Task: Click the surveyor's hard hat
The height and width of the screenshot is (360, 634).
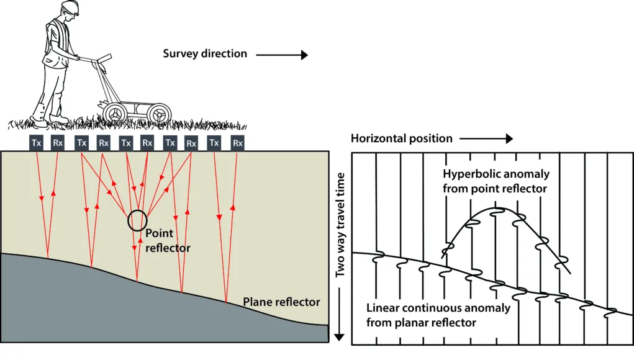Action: pos(70,6)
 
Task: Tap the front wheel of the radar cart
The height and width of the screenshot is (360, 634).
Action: pos(158,114)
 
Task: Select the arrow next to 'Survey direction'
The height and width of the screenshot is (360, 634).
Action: pos(282,55)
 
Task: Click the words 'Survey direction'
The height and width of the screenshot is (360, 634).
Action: pos(204,54)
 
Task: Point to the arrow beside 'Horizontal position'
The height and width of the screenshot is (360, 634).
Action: pos(486,138)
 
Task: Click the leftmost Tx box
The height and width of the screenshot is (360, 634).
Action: pos(37,143)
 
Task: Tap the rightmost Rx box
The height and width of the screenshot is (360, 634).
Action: pos(237,143)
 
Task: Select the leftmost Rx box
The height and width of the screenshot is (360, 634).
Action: pos(58,143)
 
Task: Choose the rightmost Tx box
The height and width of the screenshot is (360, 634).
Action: pos(214,143)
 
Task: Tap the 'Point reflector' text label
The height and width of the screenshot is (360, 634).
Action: pos(168,240)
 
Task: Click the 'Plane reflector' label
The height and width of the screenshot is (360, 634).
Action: pos(281,302)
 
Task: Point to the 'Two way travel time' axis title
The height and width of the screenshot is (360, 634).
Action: pos(340,225)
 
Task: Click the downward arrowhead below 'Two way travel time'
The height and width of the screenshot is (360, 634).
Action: pos(339,337)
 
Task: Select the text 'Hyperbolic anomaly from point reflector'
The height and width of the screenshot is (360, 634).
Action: pos(496,181)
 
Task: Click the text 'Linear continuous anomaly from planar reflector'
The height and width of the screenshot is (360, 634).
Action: pos(438,315)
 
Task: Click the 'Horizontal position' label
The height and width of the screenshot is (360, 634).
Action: pos(402,138)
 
